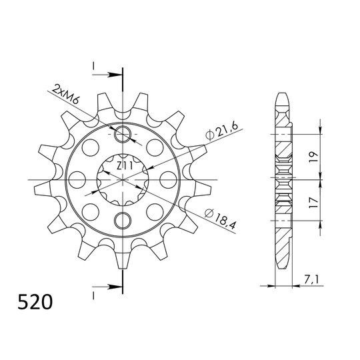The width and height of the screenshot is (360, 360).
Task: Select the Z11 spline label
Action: (124, 165)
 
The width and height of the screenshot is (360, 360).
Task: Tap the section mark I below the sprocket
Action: (95, 292)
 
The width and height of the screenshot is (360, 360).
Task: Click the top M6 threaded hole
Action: (122, 136)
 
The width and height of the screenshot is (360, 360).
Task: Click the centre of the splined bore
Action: (122, 179)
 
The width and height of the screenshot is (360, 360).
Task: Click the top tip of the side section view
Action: (283, 93)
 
